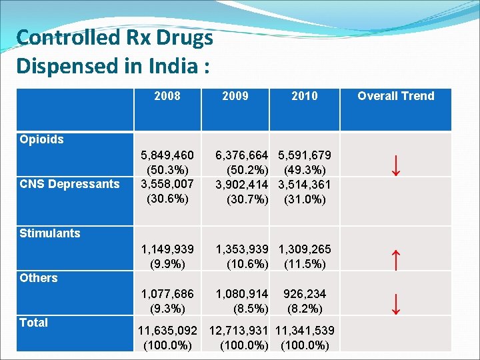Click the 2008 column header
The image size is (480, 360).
[x=167, y=96]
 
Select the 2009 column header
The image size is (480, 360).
[x=235, y=96]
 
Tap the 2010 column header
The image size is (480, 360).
[x=305, y=96]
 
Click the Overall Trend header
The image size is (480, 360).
[x=395, y=96]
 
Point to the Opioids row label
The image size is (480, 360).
[x=42, y=139]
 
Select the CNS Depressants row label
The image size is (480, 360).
[x=69, y=184]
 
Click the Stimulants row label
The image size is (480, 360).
[x=50, y=233]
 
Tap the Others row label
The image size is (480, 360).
[x=39, y=278]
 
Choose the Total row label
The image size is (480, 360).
[x=34, y=323]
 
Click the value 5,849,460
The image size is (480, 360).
[x=167, y=155]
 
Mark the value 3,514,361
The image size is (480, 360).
[x=305, y=184]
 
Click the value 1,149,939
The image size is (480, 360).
[x=167, y=249]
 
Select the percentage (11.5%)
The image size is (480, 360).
[x=305, y=264]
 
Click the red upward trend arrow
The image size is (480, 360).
[x=395, y=259]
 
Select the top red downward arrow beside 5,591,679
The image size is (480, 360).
[x=395, y=164]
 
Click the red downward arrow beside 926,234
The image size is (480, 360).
[x=395, y=303]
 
